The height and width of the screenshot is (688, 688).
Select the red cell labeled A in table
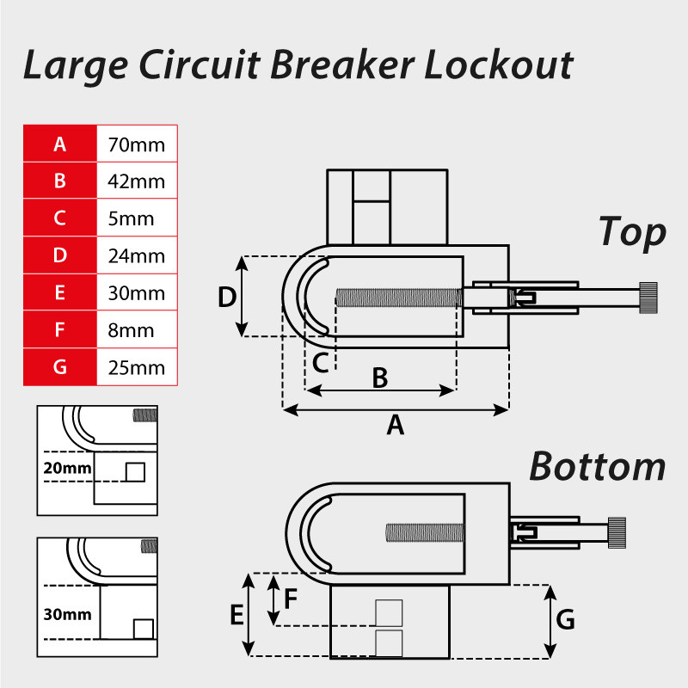(59, 144)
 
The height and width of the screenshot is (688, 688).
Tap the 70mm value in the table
(136, 144)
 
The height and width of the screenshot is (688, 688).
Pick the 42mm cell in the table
(136, 181)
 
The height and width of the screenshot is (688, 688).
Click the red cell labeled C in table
(59, 218)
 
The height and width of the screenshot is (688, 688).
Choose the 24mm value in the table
(136, 255)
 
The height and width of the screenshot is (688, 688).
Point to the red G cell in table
(59, 367)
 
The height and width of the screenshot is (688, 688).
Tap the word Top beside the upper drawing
(632, 232)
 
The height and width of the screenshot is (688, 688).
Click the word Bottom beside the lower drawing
(597, 466)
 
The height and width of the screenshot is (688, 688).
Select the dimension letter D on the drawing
(227, 298)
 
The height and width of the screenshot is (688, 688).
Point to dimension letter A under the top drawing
(395, 425)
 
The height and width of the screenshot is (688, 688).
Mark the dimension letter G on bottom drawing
(564, 620)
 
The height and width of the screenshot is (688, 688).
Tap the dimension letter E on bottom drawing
(235, 616)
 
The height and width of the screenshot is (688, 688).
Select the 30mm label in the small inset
(66, 616)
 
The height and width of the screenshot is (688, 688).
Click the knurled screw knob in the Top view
(648, 298)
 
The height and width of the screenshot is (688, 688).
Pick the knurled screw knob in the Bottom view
(618, 532)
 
